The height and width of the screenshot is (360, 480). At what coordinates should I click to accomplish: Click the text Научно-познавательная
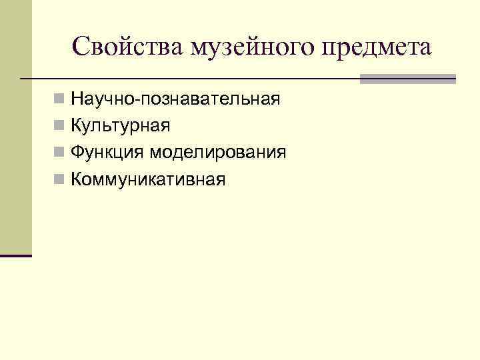point(175,100)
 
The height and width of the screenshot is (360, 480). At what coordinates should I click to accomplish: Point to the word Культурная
point(121,125)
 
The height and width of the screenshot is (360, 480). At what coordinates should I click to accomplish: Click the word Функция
point(107,153)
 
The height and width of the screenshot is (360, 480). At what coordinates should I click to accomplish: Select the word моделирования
point(217,153)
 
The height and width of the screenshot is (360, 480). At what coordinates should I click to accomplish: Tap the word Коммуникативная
point(148,179)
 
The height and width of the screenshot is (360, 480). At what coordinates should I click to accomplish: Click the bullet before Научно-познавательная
point(60,100)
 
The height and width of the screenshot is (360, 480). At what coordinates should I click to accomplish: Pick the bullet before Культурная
point(60,126)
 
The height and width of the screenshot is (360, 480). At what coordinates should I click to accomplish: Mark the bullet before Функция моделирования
point(60,153)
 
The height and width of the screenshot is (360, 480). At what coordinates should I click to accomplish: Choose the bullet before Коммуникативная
point(60,179)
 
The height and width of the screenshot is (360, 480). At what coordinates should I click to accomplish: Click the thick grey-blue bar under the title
point(407,79)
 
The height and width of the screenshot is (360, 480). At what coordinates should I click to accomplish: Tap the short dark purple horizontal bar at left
point(16,255)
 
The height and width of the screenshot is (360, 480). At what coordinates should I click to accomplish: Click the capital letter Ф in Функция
point(77,152)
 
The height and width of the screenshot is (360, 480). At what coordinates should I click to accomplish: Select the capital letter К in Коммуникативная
point(77,179)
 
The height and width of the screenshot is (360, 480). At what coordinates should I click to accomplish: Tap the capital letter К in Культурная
point(77,125)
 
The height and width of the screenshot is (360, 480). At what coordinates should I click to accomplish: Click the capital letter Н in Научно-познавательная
point(77,100)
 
